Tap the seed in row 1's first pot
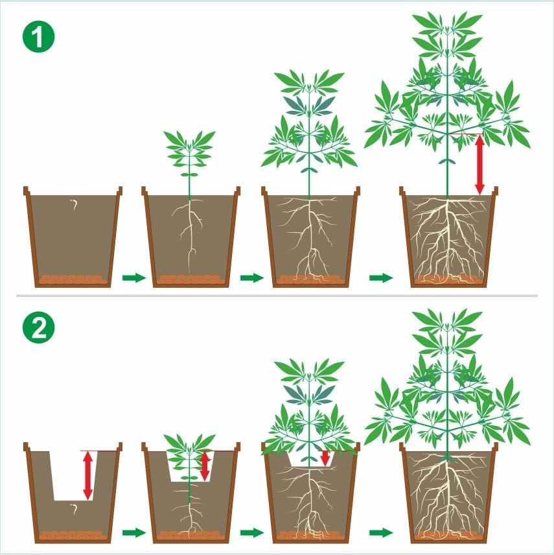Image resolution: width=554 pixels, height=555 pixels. click(x=74, y=204)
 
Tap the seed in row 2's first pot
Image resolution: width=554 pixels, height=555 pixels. click(x=74, y=508)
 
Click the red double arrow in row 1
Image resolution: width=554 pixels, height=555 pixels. click(x=479, y=165)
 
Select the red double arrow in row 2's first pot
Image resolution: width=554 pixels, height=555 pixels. click(x=87, y=476)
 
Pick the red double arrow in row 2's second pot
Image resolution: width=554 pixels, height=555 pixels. click(x=205, y=466)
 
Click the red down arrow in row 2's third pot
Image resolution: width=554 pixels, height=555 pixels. click(x=325, y=458)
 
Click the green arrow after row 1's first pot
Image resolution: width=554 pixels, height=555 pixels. click(x=134, y=277)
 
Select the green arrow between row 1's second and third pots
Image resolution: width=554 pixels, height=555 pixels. click(x=252, y=277)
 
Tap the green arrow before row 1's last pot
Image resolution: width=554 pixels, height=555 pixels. click(x=381, y=277)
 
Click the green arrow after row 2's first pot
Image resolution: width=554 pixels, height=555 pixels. click(x=134, y=532)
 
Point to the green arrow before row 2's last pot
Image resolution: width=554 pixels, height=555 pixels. click(x=381, y=532)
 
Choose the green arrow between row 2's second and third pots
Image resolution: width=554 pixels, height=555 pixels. click(x=252, y=532)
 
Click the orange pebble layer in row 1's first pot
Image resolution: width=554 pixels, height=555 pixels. click(x=73, y=279)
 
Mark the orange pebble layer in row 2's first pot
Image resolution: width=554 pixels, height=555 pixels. click(x=73, y=535)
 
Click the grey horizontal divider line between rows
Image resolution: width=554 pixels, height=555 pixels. click(x=277, y=296)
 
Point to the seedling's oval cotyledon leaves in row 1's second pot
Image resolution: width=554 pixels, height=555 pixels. click(x=189, y=175)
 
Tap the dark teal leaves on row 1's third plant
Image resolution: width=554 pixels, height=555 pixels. click(x=309, y=105)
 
